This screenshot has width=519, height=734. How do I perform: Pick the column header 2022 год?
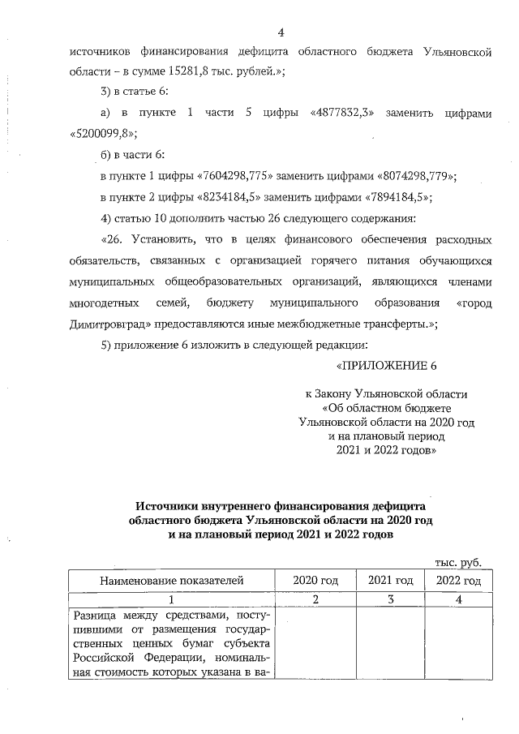point(458,581)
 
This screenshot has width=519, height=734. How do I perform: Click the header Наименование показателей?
point(171,581)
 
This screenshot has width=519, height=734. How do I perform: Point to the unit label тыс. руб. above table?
point(458,561)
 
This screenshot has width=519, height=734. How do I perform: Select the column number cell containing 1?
point(171,599)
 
